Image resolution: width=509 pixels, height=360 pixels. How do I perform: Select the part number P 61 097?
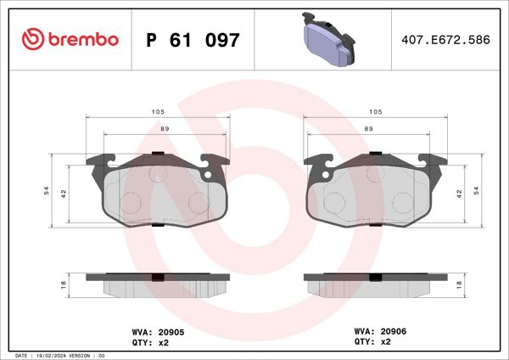pos(193,40)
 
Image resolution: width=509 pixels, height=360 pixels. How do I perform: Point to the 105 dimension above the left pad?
pos(158,112)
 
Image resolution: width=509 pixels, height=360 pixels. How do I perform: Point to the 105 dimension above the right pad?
pos(375,112)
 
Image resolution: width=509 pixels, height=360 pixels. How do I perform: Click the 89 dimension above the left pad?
pos(165,128)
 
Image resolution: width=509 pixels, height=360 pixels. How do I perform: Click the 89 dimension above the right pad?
pos(368,128)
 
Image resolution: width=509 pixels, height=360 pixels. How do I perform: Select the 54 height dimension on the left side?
pos(47,191)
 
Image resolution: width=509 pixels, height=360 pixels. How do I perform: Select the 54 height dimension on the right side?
pos(477,191)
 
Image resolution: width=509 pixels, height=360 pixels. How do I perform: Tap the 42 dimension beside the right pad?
pos(459,194)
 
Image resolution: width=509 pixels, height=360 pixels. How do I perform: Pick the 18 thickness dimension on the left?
pos(64,285)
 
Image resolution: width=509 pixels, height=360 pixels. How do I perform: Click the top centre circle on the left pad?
pos(156,173)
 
